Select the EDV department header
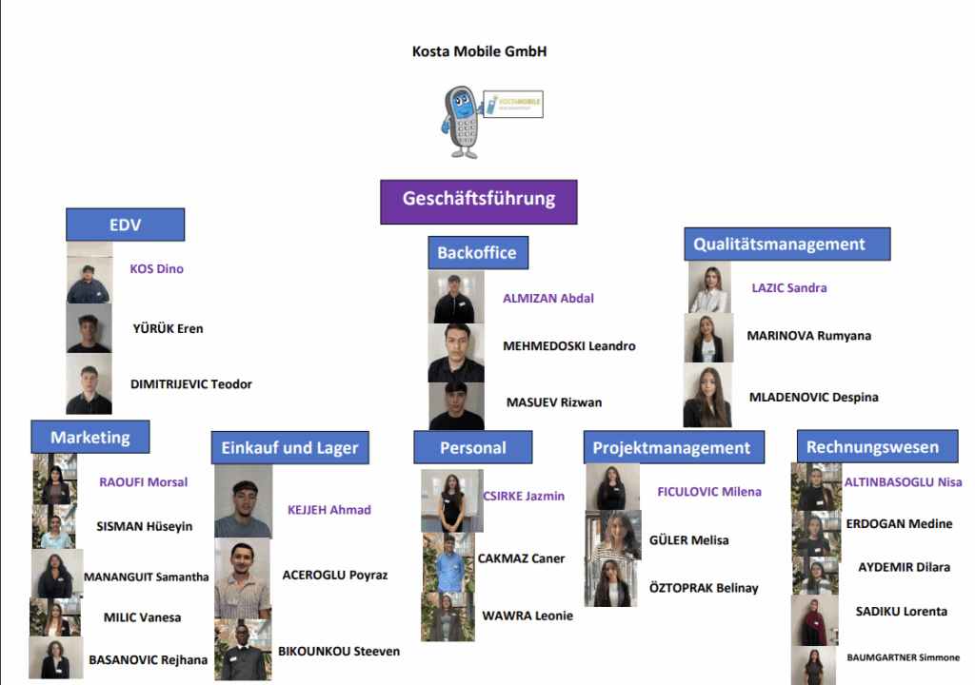tap(125, 225)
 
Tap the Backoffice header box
tap(477, 253)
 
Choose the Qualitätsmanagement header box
tap(786, 244)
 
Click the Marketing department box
tap(90, 438)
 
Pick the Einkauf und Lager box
tap(289, 447)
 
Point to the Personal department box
tap(473, 447)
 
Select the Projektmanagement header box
tap(671, 447)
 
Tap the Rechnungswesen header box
tap(872, 446)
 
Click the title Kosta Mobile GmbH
tap(479, 51)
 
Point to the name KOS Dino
tap(156, 269)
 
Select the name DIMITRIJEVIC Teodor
tap(191, 384)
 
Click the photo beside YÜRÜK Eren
tap(89, 328)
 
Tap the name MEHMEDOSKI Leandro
tap(568, 346)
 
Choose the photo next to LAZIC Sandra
tap(709, 287)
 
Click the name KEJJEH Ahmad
tap(329, 510)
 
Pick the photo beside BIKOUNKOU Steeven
tap(243, 651)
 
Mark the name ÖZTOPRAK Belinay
tap(704, 588)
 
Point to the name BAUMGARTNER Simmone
tap(903, 657)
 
